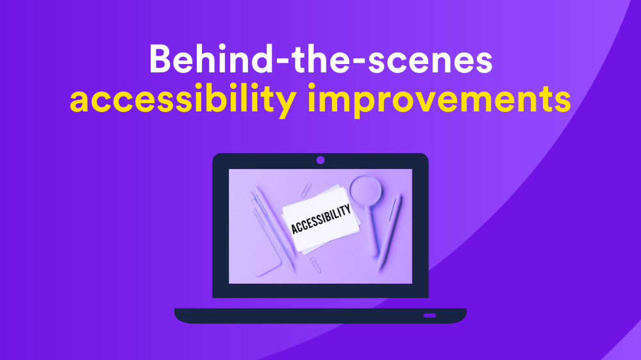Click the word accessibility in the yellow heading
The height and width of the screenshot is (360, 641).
(183, 99)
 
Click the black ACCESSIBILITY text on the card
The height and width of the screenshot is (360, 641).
(321, 219)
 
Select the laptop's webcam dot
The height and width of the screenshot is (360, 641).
(320, 160)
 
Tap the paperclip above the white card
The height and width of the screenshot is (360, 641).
(306, 190)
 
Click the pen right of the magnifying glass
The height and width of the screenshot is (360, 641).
(390, 233)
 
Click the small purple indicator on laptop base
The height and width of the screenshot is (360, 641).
(429, 315)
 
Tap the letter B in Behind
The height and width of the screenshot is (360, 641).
(160, 59)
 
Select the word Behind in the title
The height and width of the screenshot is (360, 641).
(212, 58)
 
